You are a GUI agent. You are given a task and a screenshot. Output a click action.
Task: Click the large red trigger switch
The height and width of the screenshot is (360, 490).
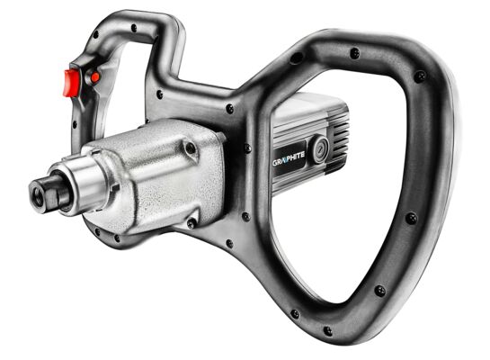(71, 83)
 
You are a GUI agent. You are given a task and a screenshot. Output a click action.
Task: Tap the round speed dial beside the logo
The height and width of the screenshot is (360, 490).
(320, 148)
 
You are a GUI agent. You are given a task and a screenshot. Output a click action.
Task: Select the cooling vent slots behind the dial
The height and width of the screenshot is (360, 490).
(339, 138)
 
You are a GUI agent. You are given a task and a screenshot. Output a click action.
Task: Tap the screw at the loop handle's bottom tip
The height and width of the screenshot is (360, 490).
(327, 330)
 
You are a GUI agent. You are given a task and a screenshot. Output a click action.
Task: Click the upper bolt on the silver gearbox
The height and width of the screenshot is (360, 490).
(190, 147)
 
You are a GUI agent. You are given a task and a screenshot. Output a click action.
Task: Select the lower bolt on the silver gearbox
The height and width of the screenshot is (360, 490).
(192, 223)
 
